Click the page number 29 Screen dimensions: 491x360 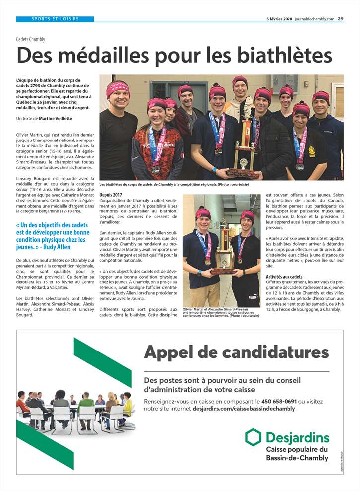(340, 19)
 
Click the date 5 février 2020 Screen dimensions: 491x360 (279, 19)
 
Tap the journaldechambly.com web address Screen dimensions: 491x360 (315, 19)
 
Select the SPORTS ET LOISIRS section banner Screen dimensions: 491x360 (55, 19)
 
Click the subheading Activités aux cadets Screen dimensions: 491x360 (284, 277)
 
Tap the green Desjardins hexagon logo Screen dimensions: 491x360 (253, 437)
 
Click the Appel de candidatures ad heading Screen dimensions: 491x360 (236, 353)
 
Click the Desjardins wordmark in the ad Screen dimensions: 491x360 (297, 438)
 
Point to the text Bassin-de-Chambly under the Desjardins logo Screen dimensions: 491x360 (296, 458)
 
